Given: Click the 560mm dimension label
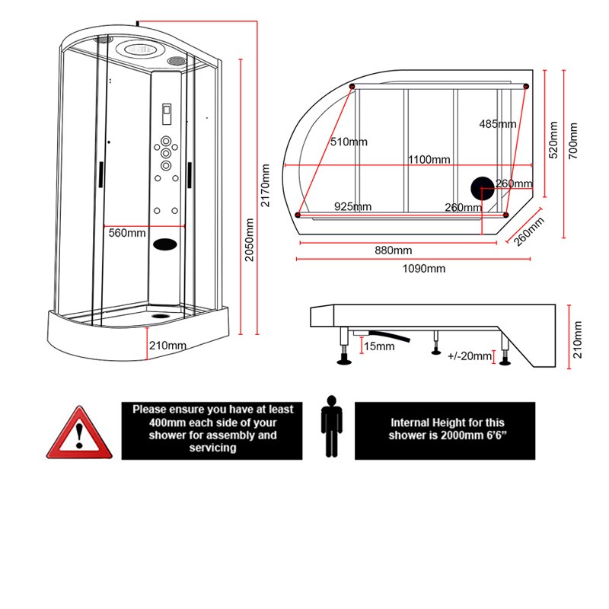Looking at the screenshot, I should point(127,233).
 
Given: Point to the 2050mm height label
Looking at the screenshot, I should point(249,240).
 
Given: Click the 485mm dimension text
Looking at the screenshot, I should point(499,124).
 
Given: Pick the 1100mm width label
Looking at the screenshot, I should point(429,159).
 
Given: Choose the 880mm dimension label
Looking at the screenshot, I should point(393,250).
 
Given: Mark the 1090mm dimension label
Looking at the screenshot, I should point(425,268).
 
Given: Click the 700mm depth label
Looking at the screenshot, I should point(573,140).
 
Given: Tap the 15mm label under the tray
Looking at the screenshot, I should point(379,346).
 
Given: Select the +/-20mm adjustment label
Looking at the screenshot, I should point(470,356).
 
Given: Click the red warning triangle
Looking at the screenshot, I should point(77,435).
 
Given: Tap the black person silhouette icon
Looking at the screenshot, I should point(330,426).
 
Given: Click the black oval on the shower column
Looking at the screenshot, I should point(165,245).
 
